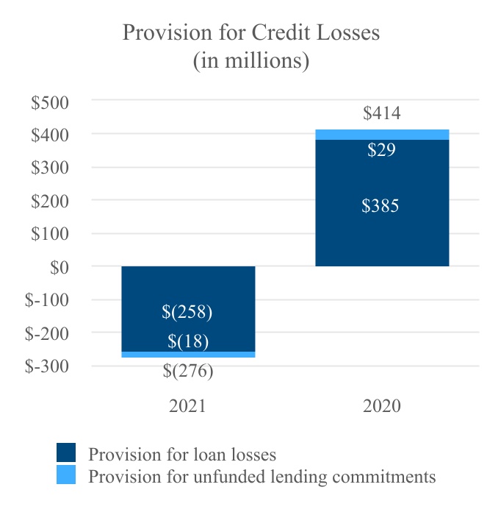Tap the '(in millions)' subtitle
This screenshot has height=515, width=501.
click(250, 60)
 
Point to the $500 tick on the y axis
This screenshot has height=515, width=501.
click(49, 102)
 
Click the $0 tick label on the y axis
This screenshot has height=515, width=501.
click(59, 267)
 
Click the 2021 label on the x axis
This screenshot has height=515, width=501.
click(189, 406)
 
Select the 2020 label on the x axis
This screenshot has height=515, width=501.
click(381, 406)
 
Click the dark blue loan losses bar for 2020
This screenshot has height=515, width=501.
click(381, 235)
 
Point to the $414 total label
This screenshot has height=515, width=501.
click(381, 113)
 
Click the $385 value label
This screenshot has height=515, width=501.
click(381, 206)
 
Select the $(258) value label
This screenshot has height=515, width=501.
click(187, 312)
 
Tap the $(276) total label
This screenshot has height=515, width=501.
click(188, 371)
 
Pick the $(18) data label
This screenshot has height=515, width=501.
click(188, 341)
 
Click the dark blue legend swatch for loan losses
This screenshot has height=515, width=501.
click(67, 452)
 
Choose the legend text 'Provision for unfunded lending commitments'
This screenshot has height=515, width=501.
click(262, 477)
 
